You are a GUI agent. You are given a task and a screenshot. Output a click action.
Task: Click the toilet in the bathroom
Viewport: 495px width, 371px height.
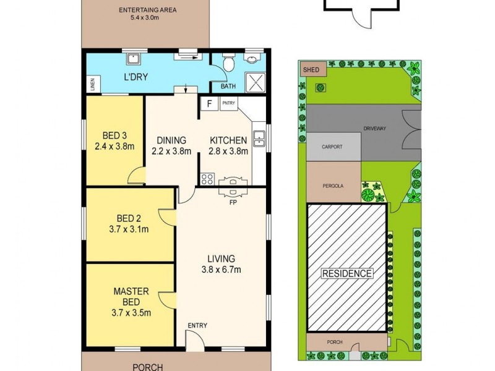click(x=228, y=63)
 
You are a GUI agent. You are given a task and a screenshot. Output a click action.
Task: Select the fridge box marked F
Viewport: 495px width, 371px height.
click(x=210, y=103)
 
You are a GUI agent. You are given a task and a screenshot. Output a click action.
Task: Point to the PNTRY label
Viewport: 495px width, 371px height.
click(x=228, y=103)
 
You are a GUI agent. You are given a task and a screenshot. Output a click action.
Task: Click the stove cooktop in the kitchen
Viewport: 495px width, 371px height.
click(x=207, y=180)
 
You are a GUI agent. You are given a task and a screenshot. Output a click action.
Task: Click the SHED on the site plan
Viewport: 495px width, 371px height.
click(x=312, y=70)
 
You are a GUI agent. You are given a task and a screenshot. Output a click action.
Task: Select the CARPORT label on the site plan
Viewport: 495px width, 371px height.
click(x=332, y=147)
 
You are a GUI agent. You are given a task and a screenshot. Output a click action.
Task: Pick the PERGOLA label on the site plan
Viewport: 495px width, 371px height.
click(x=333, y=185)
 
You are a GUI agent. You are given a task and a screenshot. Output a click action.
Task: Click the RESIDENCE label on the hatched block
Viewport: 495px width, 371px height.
click(x=347, y=273)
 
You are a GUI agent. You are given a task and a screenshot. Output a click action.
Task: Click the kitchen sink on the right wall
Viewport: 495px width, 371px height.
click(x=262, y=140)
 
